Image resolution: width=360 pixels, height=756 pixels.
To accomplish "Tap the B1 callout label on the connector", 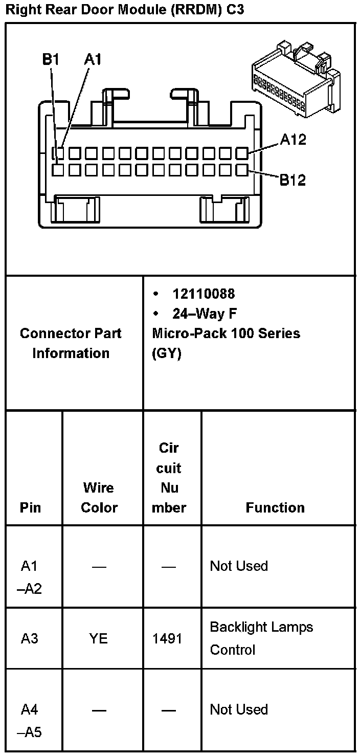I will (51, 60).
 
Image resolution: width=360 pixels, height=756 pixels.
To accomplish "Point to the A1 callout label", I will (93, 60).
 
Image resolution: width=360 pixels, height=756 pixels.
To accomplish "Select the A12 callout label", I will (292, 140).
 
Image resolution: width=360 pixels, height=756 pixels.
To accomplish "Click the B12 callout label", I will (292, 180).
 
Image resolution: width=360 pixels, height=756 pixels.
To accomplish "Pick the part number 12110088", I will (204, 294).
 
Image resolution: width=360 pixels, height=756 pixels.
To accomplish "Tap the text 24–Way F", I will (205, 313).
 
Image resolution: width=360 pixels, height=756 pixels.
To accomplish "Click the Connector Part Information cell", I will (71, 343).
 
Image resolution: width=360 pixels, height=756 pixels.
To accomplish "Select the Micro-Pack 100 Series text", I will (226, 333).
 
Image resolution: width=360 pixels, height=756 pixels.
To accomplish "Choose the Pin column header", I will (31, 507).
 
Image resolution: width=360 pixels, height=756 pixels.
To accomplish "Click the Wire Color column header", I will (99, 497).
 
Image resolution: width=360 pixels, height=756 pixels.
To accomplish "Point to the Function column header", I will (275, 507).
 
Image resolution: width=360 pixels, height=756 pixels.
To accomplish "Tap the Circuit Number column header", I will (169, 478).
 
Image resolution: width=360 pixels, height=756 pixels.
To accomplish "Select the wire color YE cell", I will (99, 638).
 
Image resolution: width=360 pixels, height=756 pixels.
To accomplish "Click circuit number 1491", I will (168, 638).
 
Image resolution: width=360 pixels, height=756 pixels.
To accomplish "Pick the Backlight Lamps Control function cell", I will (261, 638).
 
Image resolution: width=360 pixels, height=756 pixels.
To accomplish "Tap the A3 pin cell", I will (30, 638).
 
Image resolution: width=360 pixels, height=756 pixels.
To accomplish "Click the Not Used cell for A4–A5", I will (239, 709).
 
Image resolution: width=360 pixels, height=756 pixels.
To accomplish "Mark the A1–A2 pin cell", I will (31, 577).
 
